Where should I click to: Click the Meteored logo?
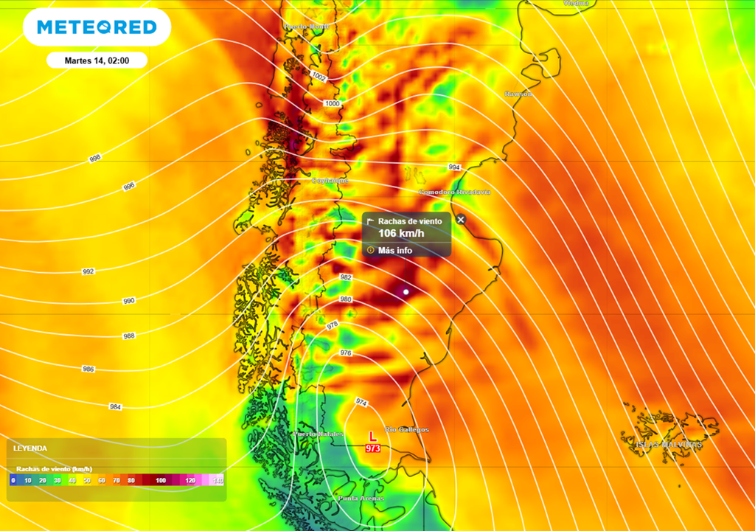97,27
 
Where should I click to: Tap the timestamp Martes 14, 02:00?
97,60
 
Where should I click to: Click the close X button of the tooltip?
461,219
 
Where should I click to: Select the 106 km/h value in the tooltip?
401,234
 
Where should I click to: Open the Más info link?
395,250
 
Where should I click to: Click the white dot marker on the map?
406,292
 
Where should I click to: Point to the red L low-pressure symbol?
372,437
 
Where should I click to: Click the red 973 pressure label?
372,448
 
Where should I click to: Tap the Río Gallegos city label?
407,429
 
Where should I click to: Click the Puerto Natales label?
319,434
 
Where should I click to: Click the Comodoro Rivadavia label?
454,192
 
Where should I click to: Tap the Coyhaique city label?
330,180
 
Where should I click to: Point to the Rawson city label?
518,94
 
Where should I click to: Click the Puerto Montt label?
305,27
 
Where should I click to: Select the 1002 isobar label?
319,77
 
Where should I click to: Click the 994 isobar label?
454,167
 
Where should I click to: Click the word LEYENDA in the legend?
30,448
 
